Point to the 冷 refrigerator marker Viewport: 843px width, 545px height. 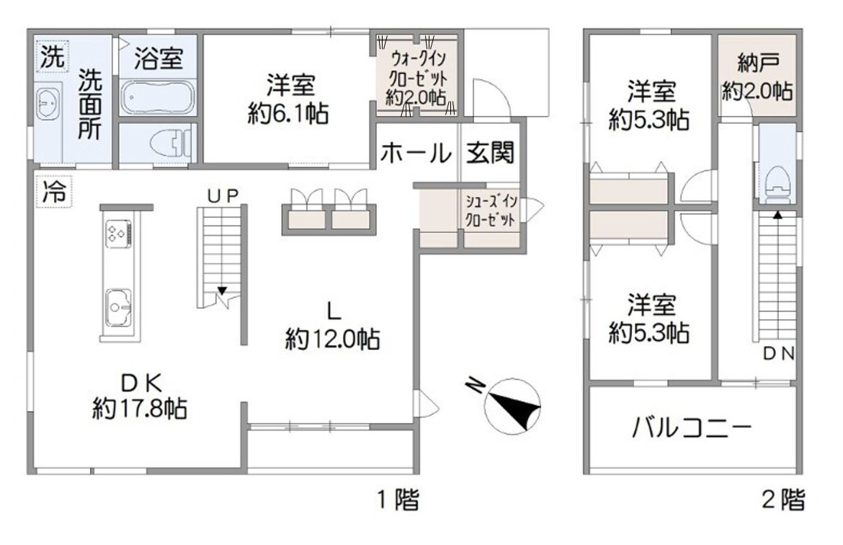click(x=52, y=192)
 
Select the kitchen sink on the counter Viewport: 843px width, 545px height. click(x=119, y=308)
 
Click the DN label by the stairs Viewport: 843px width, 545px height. click(x=779, y=354)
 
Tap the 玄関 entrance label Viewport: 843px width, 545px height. click(x=490, y=153)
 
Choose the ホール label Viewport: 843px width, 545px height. click(x=416, y=153)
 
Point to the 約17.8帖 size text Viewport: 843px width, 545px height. click(x=140, y=409)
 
